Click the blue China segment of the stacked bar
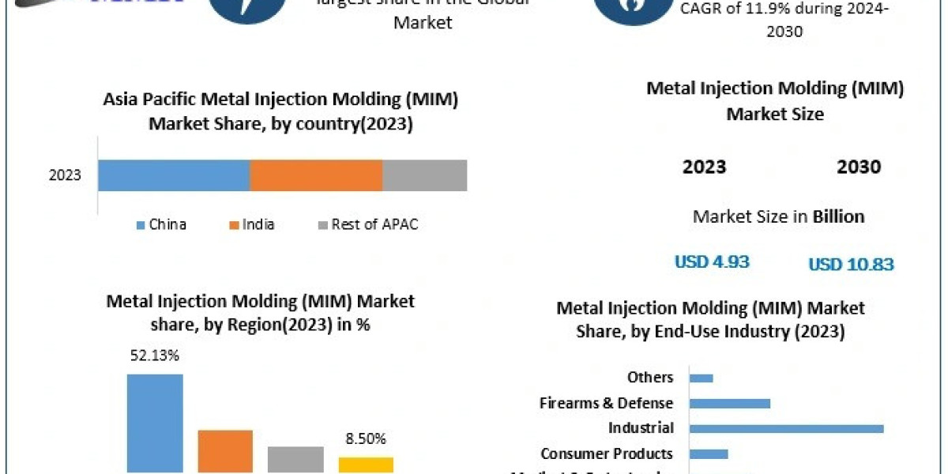point(174,175)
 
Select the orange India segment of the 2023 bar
point(316,175)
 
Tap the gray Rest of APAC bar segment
point(425,175)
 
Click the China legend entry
point(161,224)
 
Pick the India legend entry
point(252,224)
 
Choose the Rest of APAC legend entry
point(367,224)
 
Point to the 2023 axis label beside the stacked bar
point(65,175)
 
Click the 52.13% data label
point(154,355)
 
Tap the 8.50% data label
point(367,438)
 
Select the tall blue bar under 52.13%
point(155,423)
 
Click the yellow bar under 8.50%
point(367,465)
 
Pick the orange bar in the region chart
point(225,451)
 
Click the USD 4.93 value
point(712,261)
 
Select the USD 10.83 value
point(851,265)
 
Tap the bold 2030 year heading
point(859,167)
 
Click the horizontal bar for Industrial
point(786,428)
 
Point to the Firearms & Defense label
point(606,403)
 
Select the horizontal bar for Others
point(702,378)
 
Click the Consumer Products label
point(607,453)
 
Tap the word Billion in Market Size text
point(838,216)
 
